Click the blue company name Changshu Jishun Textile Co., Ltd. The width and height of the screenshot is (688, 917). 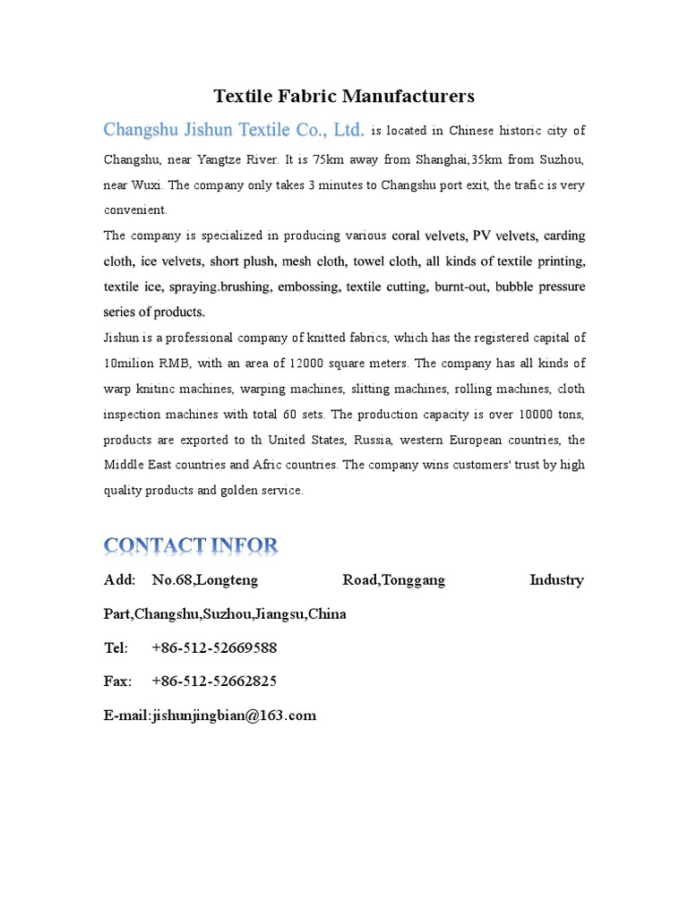pos(234,130)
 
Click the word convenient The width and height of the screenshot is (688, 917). pos(135,210)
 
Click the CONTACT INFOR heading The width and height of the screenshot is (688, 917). pos(191,544)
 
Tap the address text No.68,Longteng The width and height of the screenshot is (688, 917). pos(205,579)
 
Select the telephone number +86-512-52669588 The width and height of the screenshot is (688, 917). pos(214,647)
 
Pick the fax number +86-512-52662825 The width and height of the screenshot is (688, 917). pos(214,681)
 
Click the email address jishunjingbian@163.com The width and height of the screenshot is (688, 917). pos(236,715)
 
